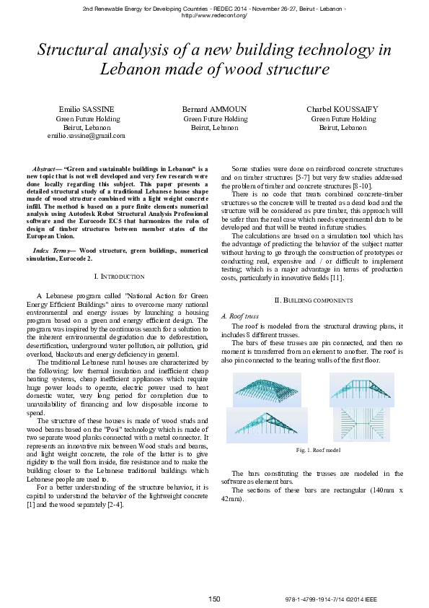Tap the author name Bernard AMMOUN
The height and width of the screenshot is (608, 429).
click(214, 109)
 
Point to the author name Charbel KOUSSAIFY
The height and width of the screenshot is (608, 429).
click(342, 109)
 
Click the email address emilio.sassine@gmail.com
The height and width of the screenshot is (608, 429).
click(87, 135)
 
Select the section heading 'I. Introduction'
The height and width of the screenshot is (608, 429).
click(119, 277)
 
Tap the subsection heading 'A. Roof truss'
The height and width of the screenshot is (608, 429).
click(238, 316)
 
